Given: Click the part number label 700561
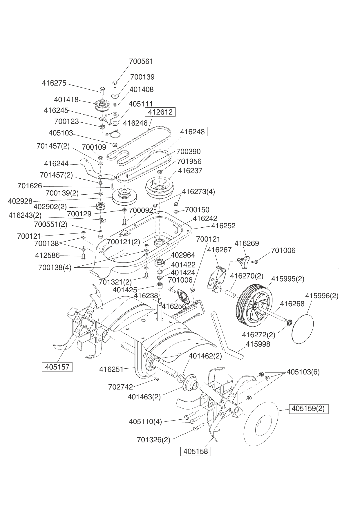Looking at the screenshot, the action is click(x=141, y=61).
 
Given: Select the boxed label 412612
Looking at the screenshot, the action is click(x=160, y=112).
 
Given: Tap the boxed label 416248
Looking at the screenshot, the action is click(x=192, y=132).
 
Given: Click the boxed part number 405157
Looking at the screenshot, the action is click(x=57, y=367).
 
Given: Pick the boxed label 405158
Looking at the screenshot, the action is click(x=196, y=451).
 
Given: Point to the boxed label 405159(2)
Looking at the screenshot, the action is click(x=308, y=409).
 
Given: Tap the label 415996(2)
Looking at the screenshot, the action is click(x=322, y=296).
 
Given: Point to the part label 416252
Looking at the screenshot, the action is click(x=223, y=226).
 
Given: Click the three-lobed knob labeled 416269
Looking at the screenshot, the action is click(x=243, y=261).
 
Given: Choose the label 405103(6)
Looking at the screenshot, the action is click(x=303, y=372).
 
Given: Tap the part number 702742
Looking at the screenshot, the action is click(x=120, y=387).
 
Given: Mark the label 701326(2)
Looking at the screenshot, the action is click(x=154, y=440).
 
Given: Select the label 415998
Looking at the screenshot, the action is click(x=258, y=344).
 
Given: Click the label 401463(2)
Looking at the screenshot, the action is click(x=144, y=397).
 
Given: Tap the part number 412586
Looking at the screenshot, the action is click(x=47, y=256).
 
